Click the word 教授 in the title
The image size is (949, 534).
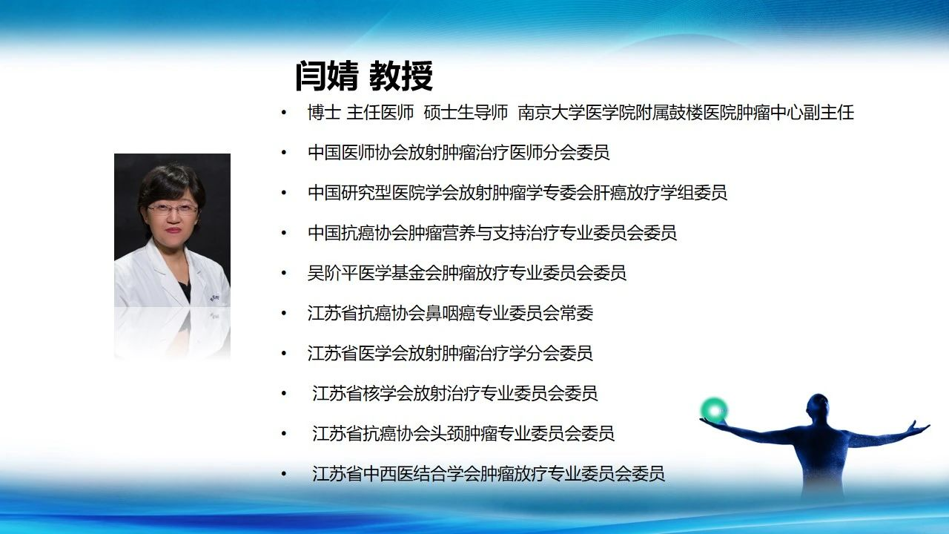click(401, 76)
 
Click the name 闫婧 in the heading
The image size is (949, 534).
click(327, 76)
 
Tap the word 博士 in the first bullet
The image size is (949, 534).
click(324, 113)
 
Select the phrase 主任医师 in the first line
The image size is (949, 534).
click(380, 113)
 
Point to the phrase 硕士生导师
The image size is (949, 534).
click(466, 113)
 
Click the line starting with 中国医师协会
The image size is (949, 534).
click(459, 153)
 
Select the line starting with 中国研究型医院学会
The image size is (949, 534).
click(518, 193)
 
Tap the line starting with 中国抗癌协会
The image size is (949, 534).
click(492, 233)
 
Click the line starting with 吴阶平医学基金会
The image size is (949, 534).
click(467, 273)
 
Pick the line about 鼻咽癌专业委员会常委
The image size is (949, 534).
click(450, 313)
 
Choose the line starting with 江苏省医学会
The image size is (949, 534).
click(450, 354)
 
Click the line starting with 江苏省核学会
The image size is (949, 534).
click(454, 393)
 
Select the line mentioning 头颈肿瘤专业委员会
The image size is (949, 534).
click(463, 434)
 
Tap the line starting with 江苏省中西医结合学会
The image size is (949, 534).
click(488, 474)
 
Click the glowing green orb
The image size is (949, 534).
click(714, 411)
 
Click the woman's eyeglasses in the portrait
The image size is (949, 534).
click(173, 208)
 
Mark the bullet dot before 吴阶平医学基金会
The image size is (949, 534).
click(284, 274)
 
